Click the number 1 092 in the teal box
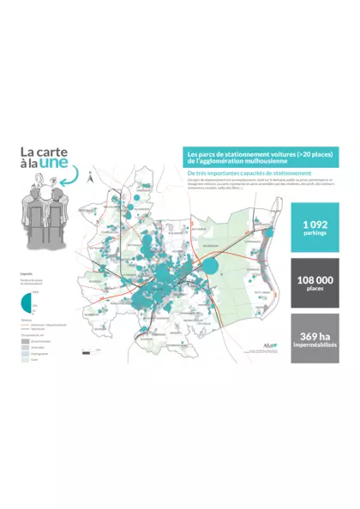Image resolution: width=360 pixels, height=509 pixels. click(x=315, y=225)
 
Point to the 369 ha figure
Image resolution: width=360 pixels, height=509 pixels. click(x=315, y=335)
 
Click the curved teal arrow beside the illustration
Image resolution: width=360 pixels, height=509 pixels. click(x=86, y=178)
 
